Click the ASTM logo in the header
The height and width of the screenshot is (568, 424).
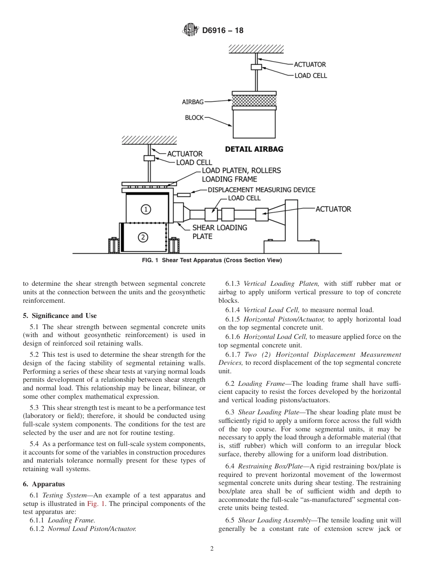pyautogui.click(x=190, y=30)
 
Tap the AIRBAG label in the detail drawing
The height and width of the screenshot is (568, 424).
pyautogui.click(x=193, y=102)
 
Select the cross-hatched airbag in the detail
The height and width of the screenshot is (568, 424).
pyautogui.click(x=254, y=100)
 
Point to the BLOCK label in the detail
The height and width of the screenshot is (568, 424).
pyautogui.click(x=194, y=118)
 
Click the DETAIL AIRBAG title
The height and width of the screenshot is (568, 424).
pyautogui.click(x=254, y=149)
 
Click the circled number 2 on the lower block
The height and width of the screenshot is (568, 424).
pyautogui.click(x=142, y=237)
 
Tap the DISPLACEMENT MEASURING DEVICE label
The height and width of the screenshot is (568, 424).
pyautogui.click(x=261, y=190)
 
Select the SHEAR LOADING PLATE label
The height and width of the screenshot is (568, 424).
pyautogui.click(x=219, y=232)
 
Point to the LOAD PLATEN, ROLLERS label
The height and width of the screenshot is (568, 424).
pyautogui.click(x=241, y=171)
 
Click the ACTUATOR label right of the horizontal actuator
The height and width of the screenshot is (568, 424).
pyautogui.click(x=333, y=209)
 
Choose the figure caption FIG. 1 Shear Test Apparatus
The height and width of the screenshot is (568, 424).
pyautogui.click(x=212, y=260)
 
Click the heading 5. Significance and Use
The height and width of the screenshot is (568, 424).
pyautogui.click(x=60, y=316)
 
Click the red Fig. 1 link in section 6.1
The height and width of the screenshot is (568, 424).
pyautogui.click(x=94, y=504)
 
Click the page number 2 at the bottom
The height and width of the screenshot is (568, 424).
pyautogui.click(x=212, y=549)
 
